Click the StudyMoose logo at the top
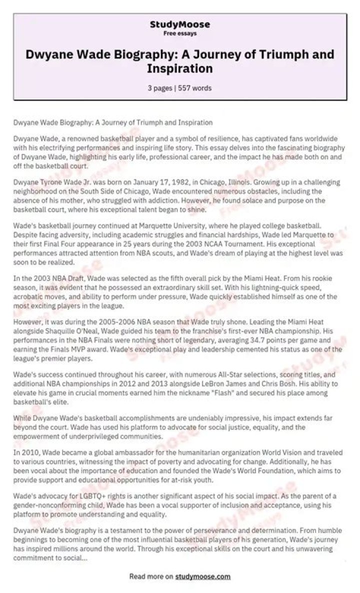click(180, 24)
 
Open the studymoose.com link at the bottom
click(202, 576)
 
